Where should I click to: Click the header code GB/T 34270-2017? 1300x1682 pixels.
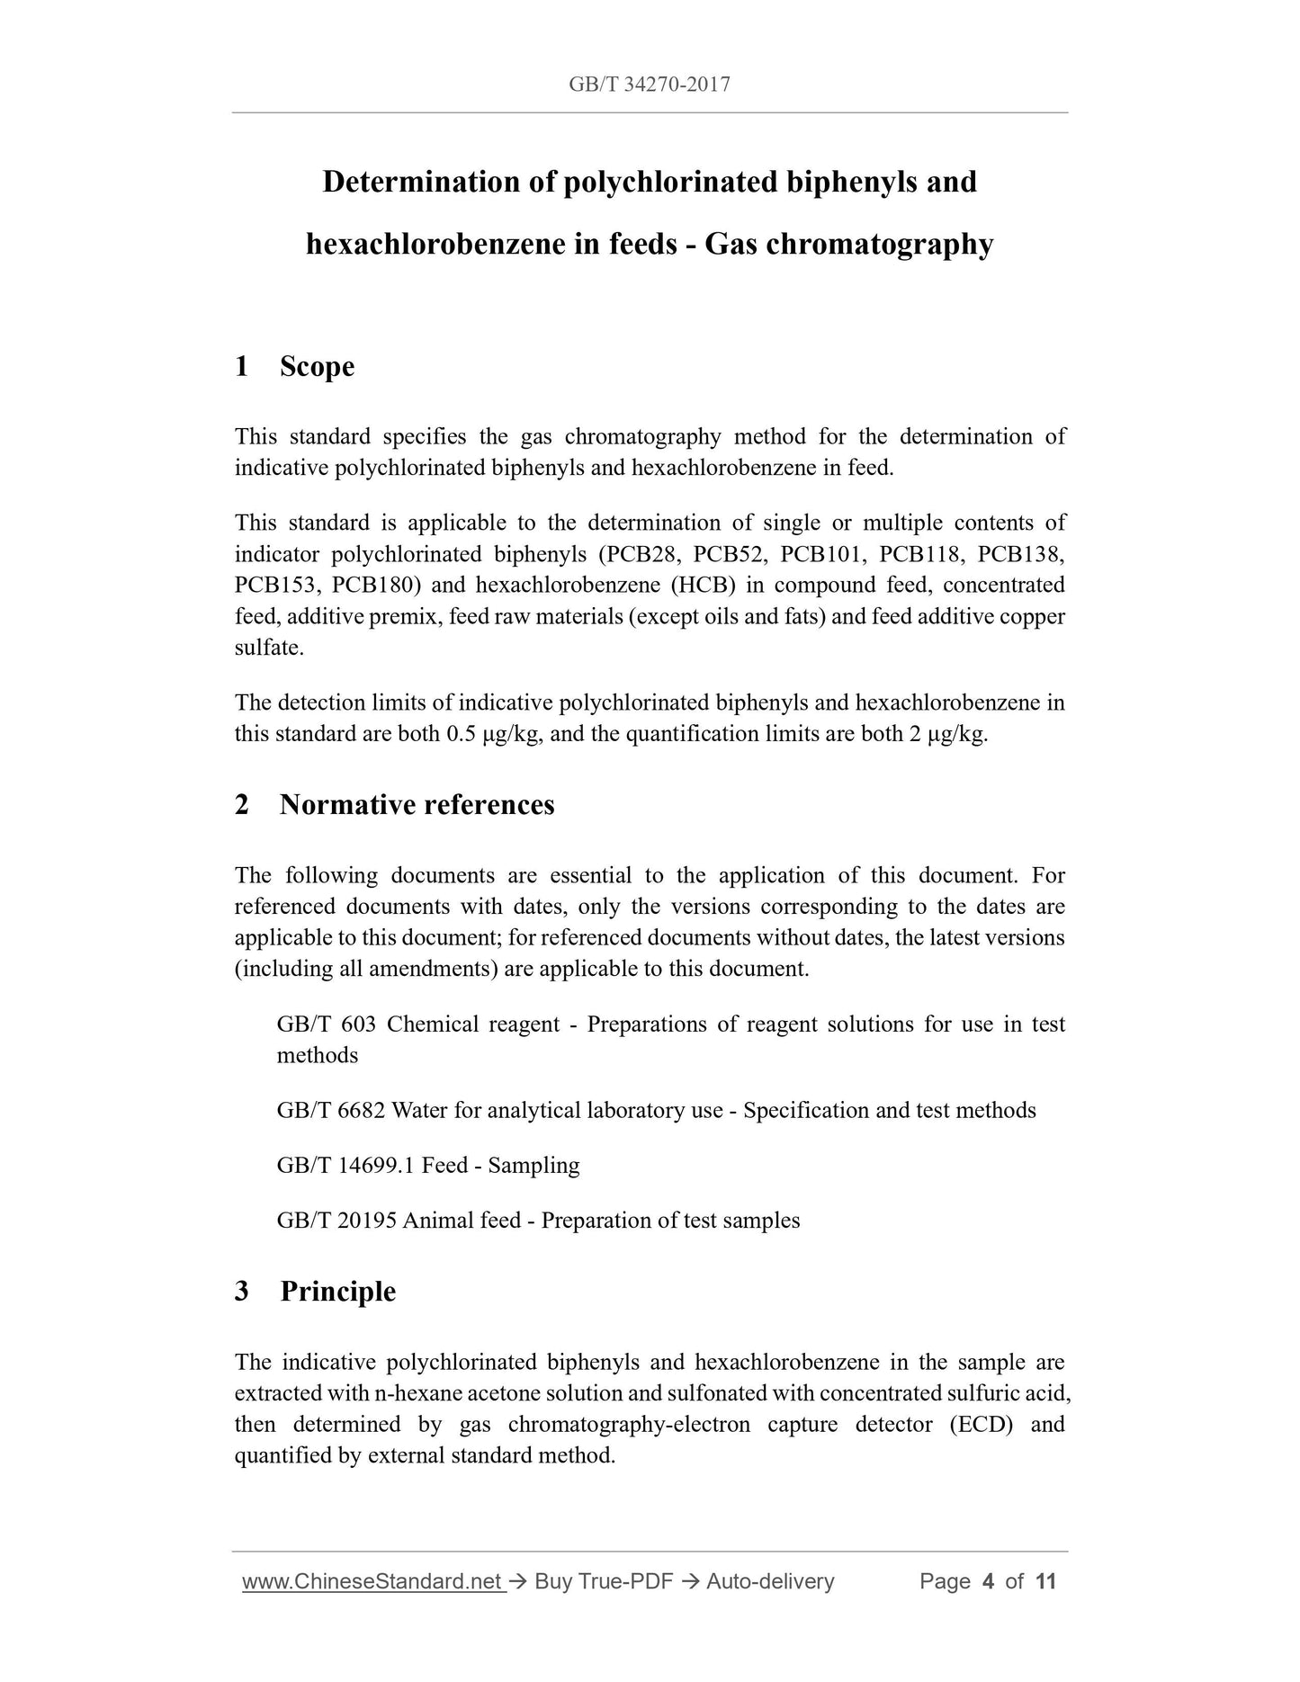[649, 85]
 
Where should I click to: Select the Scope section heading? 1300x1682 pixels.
[317, 367]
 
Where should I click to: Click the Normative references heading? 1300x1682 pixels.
[417, 805]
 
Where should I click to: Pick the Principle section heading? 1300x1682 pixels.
[337, 1292]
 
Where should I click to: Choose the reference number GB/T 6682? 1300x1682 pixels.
[330, 1111]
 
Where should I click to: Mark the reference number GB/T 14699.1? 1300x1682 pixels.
[345, 1166]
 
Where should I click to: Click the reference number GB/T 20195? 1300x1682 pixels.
[336, 1221]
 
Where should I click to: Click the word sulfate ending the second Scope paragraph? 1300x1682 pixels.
[267, 648]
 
